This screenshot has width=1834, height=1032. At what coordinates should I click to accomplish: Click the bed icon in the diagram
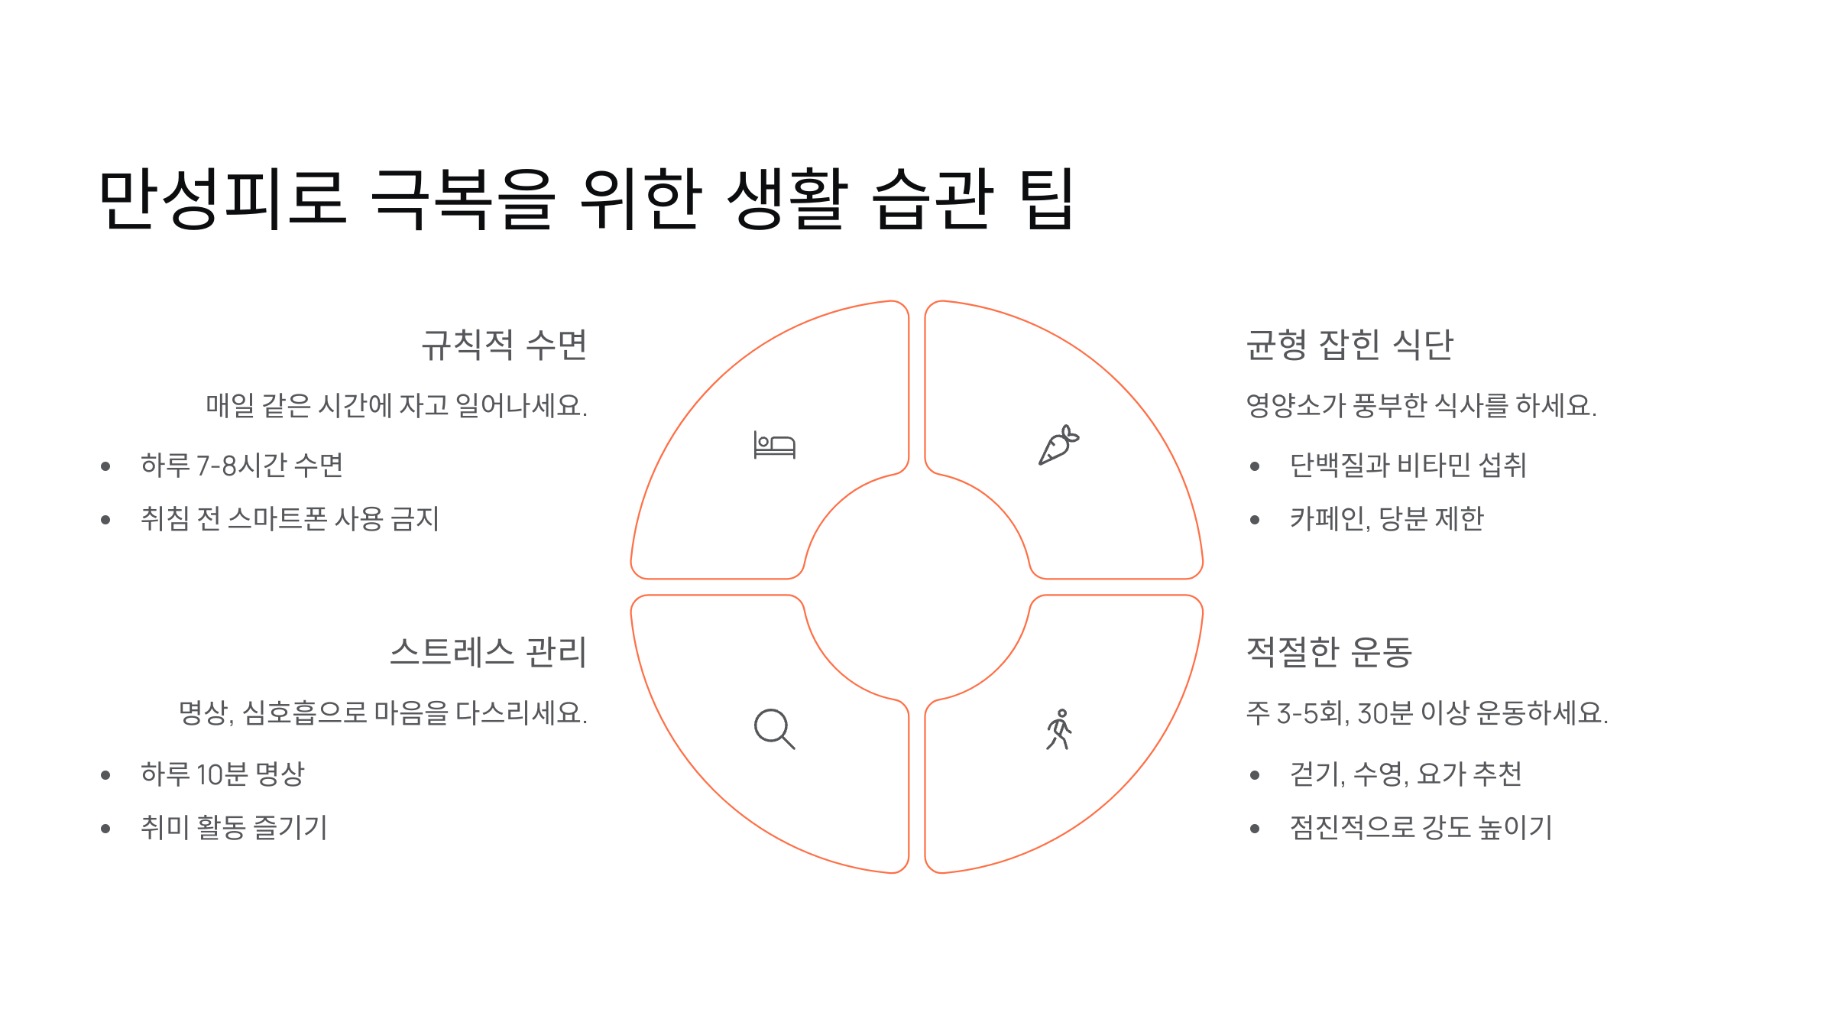(774, 445)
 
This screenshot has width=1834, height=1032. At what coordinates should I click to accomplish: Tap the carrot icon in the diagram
(1058, 445)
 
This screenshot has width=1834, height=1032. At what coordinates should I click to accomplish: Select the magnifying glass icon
(774, 729)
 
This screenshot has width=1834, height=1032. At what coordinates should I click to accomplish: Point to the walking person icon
(1059, 729)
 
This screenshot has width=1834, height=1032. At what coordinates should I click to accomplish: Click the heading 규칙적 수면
(504, 345)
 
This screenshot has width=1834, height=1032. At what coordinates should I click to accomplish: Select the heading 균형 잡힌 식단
(1350, 345)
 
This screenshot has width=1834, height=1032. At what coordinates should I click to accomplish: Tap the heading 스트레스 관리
(488, 653)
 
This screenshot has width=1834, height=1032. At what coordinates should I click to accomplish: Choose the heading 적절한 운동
(1329, 653)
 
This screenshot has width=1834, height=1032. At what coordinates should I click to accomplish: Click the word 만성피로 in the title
(223, 199)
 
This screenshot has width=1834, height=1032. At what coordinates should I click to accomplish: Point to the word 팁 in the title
(1048, 199)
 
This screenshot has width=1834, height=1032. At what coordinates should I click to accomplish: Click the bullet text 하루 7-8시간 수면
(241, 466)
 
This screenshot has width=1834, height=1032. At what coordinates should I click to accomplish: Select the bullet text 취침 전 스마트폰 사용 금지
(290, 519)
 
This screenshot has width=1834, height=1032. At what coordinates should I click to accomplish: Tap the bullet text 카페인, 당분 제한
(1386, 519)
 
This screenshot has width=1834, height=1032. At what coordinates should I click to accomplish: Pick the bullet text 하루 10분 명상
(222, 774)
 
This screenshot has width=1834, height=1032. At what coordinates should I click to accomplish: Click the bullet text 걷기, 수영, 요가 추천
(1405, 774)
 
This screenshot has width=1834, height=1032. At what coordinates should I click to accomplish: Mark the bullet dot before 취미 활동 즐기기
(105, 829)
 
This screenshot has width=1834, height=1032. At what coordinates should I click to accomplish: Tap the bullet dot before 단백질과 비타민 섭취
(1255, 466)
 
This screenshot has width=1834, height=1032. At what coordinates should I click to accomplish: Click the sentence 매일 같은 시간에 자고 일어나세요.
(397, 406)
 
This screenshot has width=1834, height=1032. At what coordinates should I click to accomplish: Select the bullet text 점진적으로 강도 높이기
(1421, 828)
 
